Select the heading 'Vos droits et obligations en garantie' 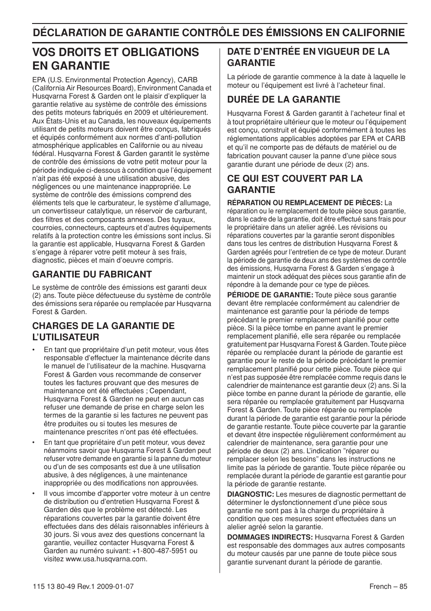(x=116, y=59)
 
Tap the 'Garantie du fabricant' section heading (x=92, y=274)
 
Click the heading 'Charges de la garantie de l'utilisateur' (x=103, y=331)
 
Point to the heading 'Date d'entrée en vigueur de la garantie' (x=308, y=57)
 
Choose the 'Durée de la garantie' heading (x=283, y=99)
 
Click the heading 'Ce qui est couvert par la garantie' (x=295, y=184)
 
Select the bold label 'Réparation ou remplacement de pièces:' (x=305, y=203)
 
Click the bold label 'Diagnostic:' (x=250, y=494)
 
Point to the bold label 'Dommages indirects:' (x=270, y=537)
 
